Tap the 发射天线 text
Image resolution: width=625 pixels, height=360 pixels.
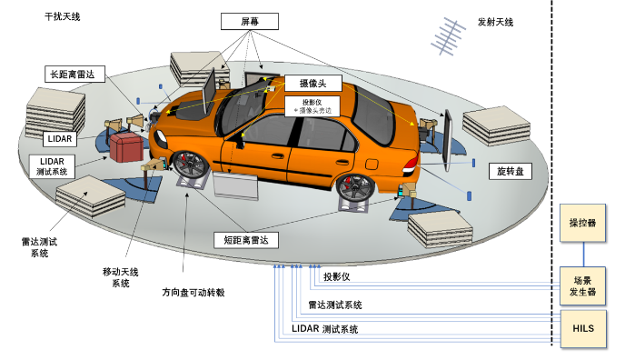click(x=495, y=22)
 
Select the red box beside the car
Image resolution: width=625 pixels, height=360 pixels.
click(x=126, y=146)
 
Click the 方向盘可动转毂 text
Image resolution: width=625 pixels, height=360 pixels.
click(x=193, y=292)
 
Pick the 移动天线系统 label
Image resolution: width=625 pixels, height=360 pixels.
click(x=120, y=276)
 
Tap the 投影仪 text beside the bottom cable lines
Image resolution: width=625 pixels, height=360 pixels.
click(x=336, y=275)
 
